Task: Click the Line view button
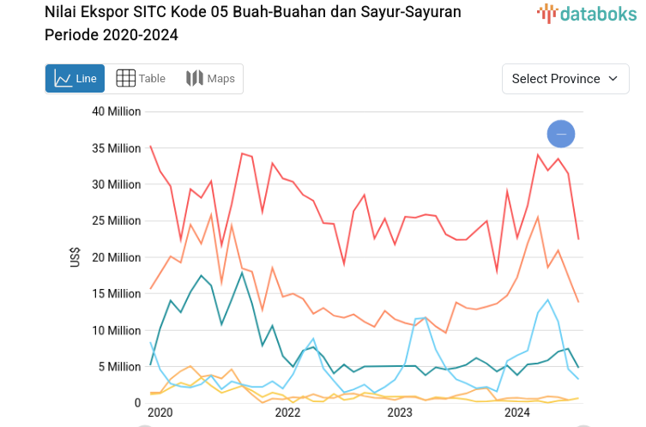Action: click(x=75, y=79)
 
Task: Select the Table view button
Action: click(x=141, y=79)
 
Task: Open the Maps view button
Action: click(x=210, y=79)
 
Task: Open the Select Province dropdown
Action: click(x=565, y=79)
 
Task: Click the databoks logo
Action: click(x=587, y=13)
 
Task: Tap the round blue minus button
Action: click(x=561, y=134)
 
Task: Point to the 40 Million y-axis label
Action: click(x=117, y=111)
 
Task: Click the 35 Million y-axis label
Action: click(x=117, y=148)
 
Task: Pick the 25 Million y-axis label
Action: click(x=117, y=221)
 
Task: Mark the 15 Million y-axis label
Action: click(x=117, y=294)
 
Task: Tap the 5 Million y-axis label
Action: click(x=120, y=367)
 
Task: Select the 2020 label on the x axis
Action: click(x=160, y=413)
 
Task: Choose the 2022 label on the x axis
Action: click(x=287, y=413)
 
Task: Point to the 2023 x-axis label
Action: click(x=400, y=413)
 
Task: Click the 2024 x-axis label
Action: click(x=516, y=413)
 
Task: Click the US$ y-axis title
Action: click(x=75, y=257)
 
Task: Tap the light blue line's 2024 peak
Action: click(x=547, y=300)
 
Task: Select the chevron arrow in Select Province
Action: click(x=613, y=79)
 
